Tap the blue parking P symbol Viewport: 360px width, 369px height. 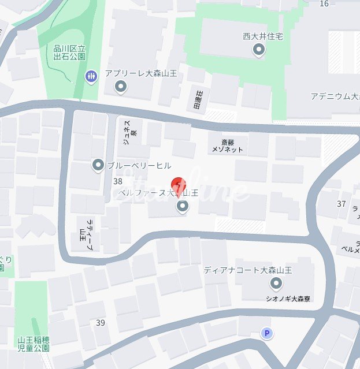pos(266,333)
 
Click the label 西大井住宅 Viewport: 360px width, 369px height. pos(262,36)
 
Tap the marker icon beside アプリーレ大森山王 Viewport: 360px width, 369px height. pos(121,87)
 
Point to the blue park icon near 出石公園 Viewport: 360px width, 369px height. pos(91,76)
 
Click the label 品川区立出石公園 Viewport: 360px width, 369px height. pos(69,53)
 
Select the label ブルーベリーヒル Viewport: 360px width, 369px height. pos(139,166)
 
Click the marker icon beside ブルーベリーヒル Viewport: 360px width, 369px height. pos(98,166)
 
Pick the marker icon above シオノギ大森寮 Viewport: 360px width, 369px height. pos(276,284)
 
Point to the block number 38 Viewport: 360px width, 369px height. pos(118,181)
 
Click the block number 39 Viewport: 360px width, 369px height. pos(101,322)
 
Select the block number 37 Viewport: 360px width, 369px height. pos(341,203)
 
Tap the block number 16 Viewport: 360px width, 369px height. pos(324,3)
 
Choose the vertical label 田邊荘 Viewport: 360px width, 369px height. pos(198,100)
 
